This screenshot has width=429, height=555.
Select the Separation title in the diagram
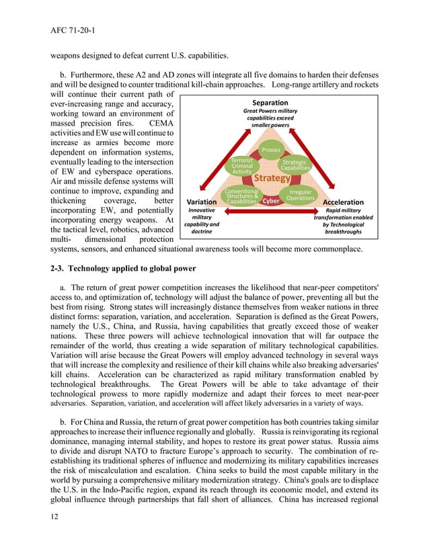(x=270, y=103)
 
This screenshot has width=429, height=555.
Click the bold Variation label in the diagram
(x=201, y=202)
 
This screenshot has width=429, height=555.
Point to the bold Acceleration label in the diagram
(x=343, y=202)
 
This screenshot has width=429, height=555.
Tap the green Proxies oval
(x=270, y=150)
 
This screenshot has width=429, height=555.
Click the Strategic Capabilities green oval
(x=295, y=165)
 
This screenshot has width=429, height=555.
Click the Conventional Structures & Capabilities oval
(x=241, y=196)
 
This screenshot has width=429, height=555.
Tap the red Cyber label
(x=271, y=201)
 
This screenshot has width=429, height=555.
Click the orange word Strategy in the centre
(x=272, y=179)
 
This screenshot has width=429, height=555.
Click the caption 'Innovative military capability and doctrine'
(x=201, y=220)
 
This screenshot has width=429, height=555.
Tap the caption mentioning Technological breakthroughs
(x=343, y=220)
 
